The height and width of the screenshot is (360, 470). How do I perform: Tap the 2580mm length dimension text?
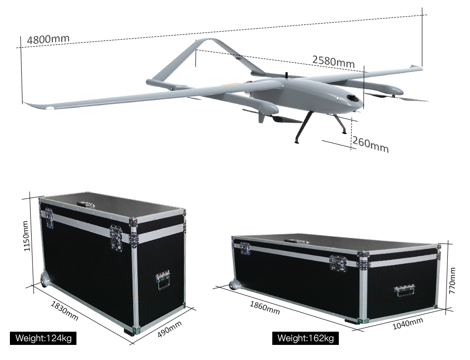[x=333, y=61]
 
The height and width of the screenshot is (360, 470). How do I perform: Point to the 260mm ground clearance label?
[x=370, y=144]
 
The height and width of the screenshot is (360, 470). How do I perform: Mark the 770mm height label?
[x=453, y=281]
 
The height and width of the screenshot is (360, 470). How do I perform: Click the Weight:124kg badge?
[x=43, y=338]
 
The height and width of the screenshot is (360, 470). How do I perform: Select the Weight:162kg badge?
[x=305, y=338]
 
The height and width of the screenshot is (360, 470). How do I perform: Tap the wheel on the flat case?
[x=234, y=285]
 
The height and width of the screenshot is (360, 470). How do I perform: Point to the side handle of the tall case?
[x=163, y=279]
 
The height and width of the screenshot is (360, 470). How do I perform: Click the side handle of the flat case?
[x=404, y=290]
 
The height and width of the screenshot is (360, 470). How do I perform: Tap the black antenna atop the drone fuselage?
[x=286, y=75]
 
